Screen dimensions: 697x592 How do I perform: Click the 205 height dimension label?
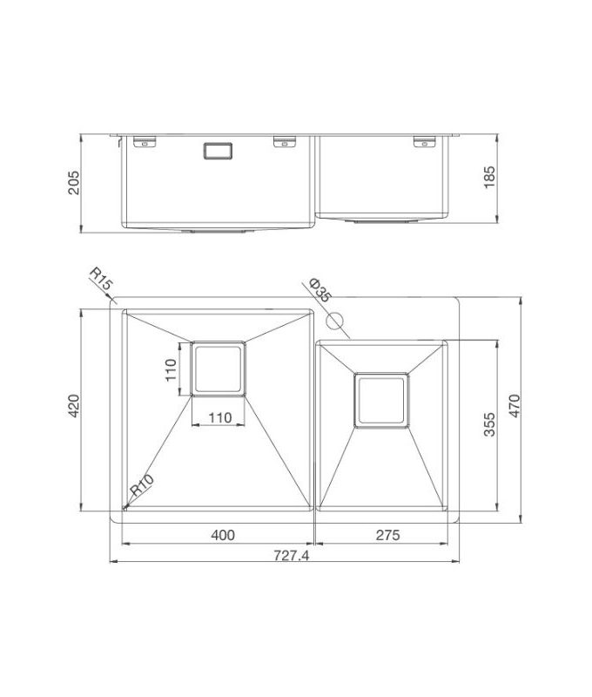(x=74, y=182)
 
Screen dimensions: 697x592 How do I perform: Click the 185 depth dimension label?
(x=490, y=178)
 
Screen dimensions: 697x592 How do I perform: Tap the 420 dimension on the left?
(x=74, y=409)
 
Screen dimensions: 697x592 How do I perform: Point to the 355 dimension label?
(x=490, y=425)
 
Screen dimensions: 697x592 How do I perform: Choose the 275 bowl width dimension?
(x=387, y=535)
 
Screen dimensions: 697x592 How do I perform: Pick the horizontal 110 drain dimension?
(x=219, y=417)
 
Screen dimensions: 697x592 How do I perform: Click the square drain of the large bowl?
(x=219, y=368)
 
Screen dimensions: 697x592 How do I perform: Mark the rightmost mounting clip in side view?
(x=424, y=139)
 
